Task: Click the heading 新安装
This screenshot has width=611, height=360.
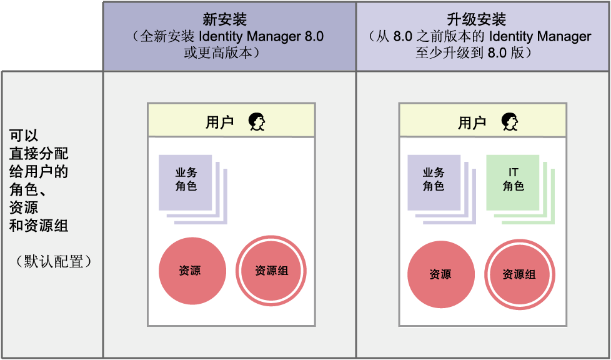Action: [x=229, y=19]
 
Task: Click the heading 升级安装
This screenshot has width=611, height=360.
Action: [x=482, y=19]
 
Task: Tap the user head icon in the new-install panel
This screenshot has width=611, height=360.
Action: [x=257, y=121]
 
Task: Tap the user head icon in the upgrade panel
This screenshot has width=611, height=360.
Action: [x=510, y=121]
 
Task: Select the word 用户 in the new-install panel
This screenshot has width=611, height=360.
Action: [x=219, y=122]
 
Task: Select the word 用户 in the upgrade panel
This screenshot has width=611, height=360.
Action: [x=472, y=122]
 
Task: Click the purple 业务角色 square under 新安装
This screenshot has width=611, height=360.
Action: [x=186, y=182]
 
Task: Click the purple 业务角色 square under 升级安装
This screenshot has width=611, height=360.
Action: [x=434, y=182]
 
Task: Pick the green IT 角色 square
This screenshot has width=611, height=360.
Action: [x=513, y=182]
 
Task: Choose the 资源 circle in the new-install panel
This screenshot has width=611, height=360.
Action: [x=192, y=271]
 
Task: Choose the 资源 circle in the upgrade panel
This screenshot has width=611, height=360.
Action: [x=440, y=274]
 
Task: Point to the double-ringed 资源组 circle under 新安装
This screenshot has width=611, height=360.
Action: [x=271, y=271]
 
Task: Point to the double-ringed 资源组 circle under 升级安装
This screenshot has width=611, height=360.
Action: [x=520, y=274]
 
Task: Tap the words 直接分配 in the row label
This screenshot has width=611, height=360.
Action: [x=39, y=154]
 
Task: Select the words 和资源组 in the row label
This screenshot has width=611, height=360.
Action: [x=39, y=226]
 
